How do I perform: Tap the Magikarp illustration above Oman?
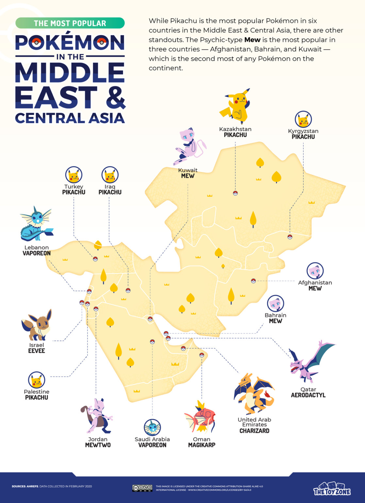[x=200, y=417]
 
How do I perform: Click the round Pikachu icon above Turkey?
[x=74, y=175]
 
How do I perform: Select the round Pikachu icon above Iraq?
[x=110, y=175]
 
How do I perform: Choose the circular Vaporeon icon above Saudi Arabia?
[x=152, y=427]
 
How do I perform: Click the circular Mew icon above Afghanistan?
[x=315, y=271]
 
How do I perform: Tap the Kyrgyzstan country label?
[x=303, y=131]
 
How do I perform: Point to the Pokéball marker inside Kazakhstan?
[x=235, y=193]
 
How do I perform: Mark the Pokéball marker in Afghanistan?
[x=253, y=281]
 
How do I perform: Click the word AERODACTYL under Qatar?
[x=308, y=395]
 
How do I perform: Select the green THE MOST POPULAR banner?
[x=70, y=23]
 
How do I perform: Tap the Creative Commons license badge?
[x=142, y=488]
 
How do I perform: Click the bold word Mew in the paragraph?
[x=252, y=40]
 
